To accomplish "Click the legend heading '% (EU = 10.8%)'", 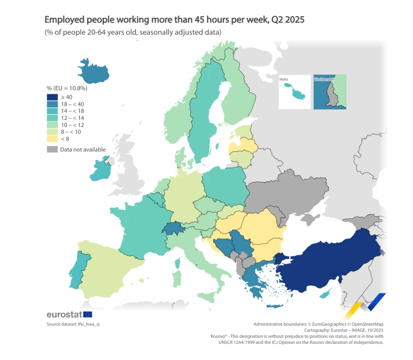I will [x=67, y=88].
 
